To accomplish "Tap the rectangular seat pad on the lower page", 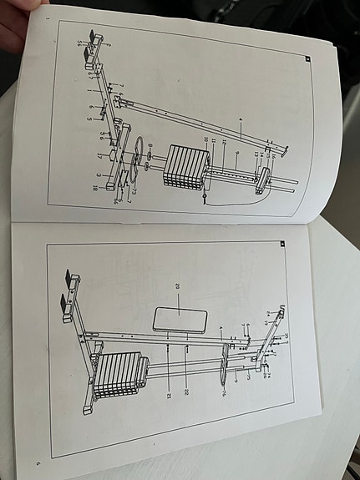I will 180,320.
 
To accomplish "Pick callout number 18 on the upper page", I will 94,189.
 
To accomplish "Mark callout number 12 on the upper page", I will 223,144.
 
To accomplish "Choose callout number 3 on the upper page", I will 98,175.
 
